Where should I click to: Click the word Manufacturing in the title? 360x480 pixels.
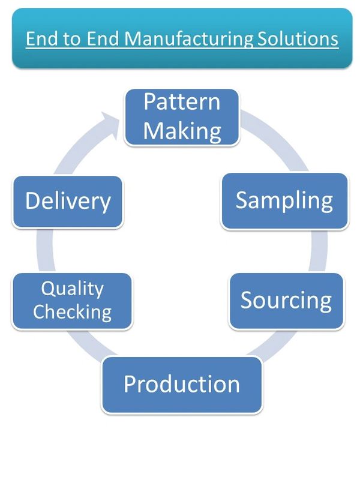tap(189, 40)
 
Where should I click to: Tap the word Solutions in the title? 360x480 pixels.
tap(298, 39)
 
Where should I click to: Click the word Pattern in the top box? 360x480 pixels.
tap(182, 101)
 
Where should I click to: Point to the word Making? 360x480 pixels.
tap(182, 131)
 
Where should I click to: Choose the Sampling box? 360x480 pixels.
tap(284, 201)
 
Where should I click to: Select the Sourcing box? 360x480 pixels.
tap(286, 301)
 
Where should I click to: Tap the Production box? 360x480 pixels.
tap(182, 385)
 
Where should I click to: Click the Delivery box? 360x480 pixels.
tap(67, 202)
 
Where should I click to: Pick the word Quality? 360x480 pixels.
tap(73, 289)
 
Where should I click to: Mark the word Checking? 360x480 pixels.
tap(72, 312)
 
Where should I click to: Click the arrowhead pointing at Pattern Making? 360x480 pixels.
tap(110, 125)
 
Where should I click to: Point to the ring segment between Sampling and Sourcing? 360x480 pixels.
tap(319, 251)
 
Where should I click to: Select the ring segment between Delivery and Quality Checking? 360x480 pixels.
tap(46, 250)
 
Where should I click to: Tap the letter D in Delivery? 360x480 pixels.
tap(32, 201)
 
